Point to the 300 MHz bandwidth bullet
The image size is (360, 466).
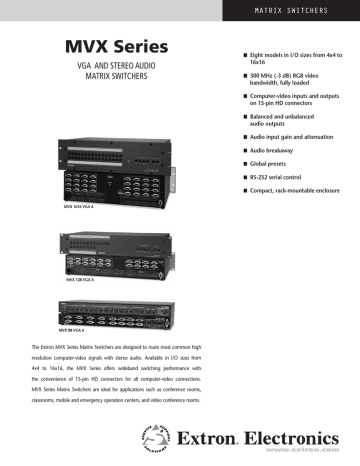click(290, 81)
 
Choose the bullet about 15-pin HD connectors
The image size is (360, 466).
click(290, 105)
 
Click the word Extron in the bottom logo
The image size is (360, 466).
click(212, 437)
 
